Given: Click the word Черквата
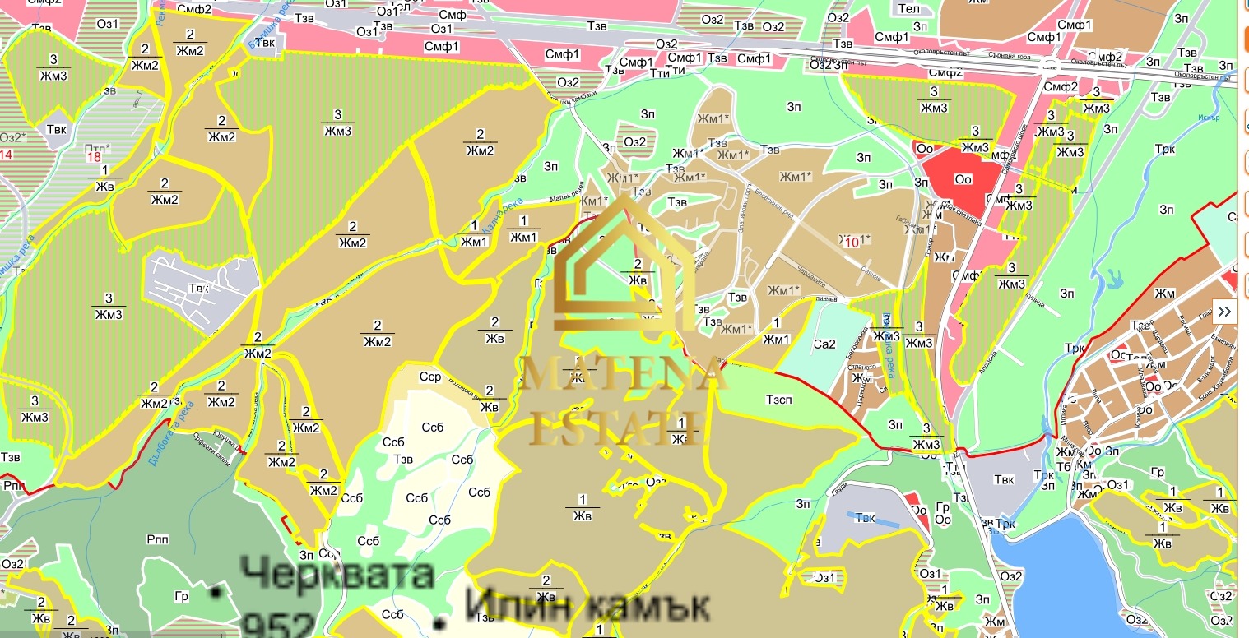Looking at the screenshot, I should coord(337,572).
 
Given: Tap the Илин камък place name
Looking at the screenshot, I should coord(587,607).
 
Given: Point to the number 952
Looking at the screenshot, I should coord(279,624).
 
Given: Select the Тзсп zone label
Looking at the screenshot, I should coord(778,400).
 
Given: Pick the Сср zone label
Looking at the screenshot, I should coord(430,377).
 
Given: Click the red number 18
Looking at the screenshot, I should coord(94,156).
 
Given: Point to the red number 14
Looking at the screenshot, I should coord(6,155).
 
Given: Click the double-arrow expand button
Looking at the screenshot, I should coord(1225,311).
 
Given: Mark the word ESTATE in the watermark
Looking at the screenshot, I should coord(618,427).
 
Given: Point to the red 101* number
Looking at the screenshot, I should coord(856,241).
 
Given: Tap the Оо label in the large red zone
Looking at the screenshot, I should coord(963,179).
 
